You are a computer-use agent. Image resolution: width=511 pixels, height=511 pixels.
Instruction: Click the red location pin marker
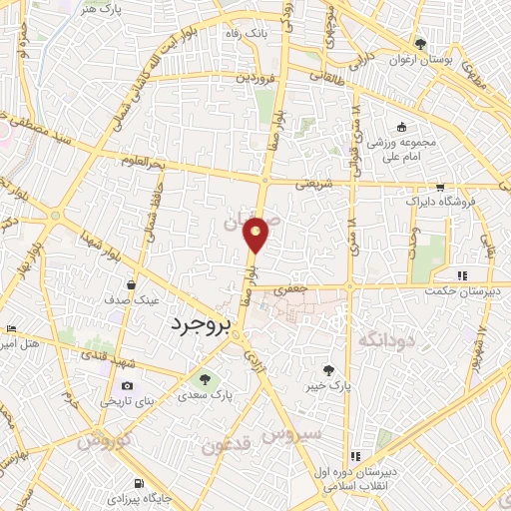[x=256, y=234]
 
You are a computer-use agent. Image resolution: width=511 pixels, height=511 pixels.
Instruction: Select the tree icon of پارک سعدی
[x=205, y=379]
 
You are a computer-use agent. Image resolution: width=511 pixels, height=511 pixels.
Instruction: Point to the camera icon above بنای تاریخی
[x=127, y=385]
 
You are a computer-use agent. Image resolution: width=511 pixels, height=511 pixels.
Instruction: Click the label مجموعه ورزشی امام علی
[x=400, y=150]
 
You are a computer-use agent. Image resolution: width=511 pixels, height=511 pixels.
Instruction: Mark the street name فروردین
[x=255, y=76]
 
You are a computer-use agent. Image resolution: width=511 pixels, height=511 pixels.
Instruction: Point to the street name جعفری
[x=288, y=286]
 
